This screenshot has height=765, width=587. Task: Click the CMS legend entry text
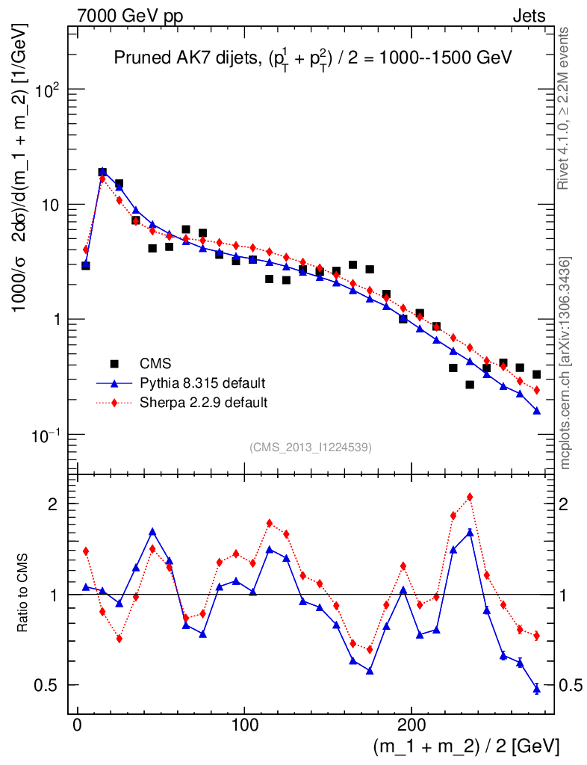point(156,365)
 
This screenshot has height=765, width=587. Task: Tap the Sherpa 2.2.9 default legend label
point(204,403)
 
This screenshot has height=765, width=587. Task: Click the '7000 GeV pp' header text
point(135,16)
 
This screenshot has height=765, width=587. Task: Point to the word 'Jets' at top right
point(528,16)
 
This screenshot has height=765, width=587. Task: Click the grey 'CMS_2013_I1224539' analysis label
point(311,447)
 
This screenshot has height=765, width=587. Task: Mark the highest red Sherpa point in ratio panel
point(470,497)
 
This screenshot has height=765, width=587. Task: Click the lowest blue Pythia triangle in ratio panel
point(536,689)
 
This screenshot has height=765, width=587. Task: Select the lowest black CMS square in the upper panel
point(470,385)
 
